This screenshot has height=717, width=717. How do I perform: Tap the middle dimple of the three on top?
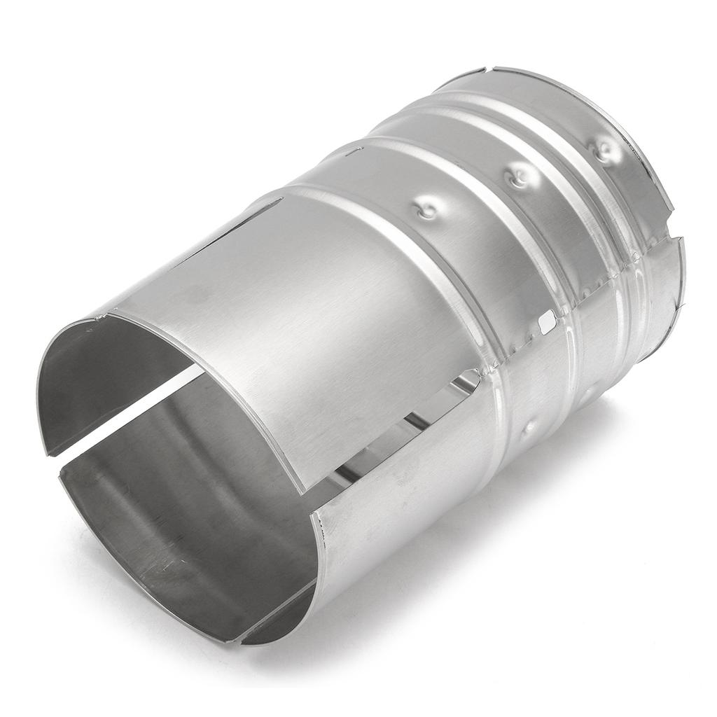click(519, 174)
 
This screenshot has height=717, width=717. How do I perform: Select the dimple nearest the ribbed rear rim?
click(604, 150)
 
